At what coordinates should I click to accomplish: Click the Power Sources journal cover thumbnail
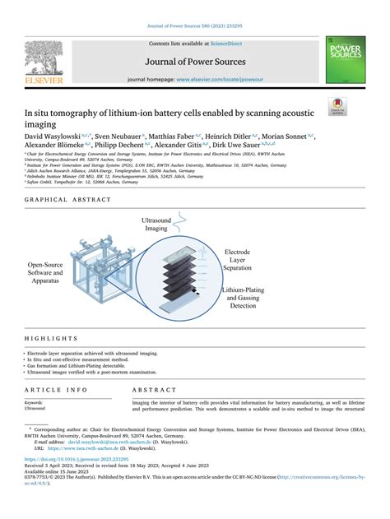pos(346,59)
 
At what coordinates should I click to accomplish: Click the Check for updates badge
pos(337,106)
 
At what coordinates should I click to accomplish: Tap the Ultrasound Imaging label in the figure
pos(156,225)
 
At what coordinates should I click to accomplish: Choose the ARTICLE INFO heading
pos(56,389)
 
